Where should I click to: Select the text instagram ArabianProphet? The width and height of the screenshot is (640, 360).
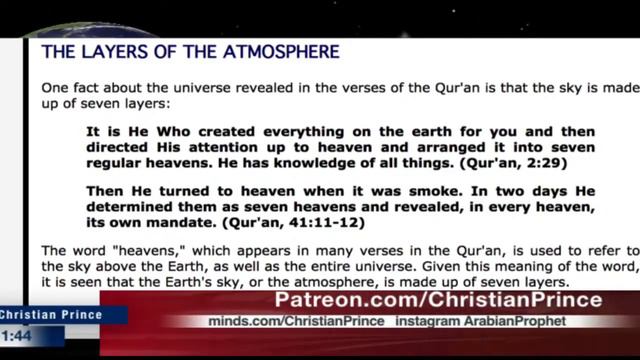pyautogui.click(x=494, y=321)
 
